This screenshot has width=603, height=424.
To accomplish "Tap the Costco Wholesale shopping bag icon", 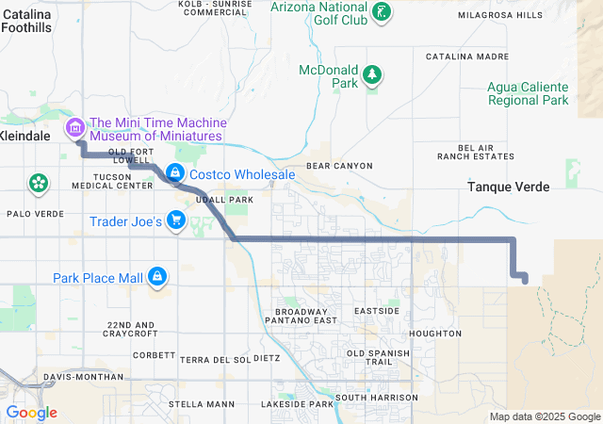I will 175,173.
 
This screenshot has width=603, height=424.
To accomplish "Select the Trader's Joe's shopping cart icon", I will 175,221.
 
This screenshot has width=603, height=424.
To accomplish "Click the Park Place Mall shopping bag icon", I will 157,277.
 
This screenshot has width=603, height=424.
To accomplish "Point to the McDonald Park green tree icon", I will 372,74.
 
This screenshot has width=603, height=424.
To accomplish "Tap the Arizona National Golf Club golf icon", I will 382,12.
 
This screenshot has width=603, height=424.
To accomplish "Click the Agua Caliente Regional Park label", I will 528,93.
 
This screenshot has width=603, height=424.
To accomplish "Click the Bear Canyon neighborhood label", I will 339,166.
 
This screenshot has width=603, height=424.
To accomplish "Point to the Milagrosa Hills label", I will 500,16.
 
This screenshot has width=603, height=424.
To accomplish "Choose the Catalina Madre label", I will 467,57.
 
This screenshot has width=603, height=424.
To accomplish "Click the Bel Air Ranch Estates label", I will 486,152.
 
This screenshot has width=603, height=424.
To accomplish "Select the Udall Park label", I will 224,200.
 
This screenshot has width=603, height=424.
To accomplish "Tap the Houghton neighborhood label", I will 436,334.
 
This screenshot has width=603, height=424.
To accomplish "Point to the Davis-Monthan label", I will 83,377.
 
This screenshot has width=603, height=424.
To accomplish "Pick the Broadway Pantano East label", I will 305,316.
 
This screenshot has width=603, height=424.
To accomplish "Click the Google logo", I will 32,413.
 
